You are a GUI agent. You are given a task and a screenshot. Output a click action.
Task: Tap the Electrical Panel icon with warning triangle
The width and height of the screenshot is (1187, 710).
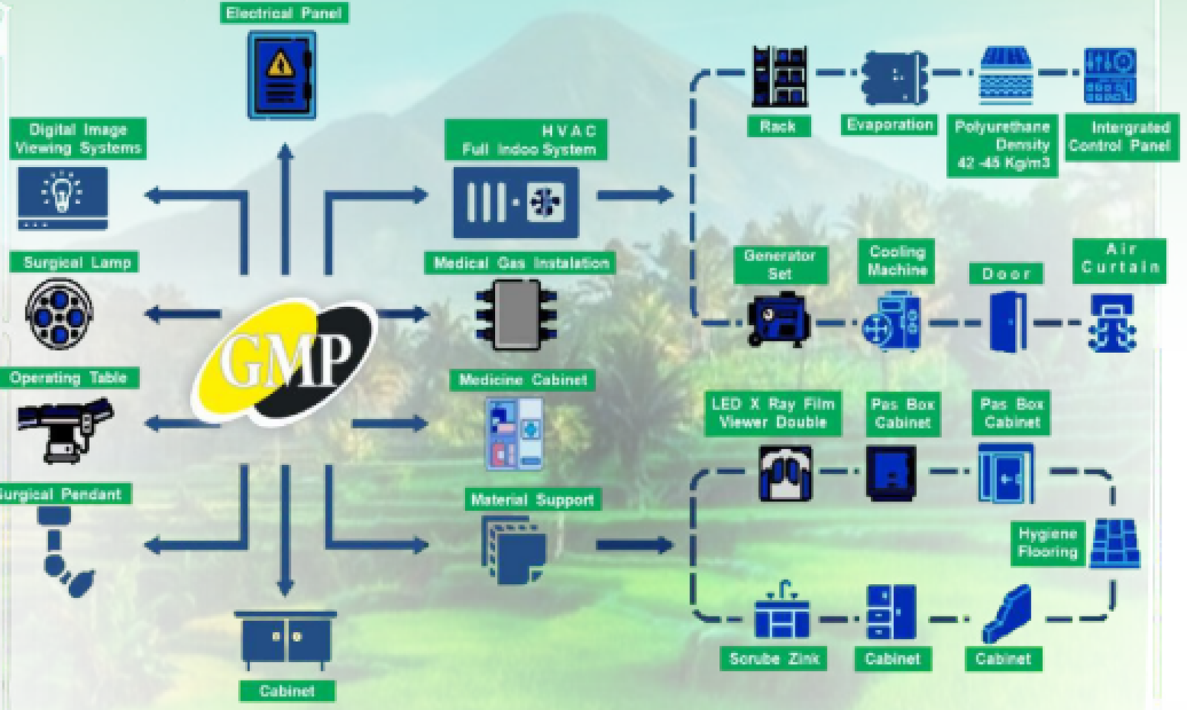(281, 75)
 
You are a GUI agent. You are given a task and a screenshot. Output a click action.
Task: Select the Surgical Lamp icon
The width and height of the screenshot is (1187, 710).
(59, 314)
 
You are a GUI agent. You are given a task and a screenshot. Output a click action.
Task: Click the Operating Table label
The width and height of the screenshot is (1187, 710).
(68, 378)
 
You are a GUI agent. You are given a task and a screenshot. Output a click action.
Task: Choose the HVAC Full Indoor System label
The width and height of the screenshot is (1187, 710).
(526, 139)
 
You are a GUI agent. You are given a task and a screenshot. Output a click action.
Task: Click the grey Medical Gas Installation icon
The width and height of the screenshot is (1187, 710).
(516, 315)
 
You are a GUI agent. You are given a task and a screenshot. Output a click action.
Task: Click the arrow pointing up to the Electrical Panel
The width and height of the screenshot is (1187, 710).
(285, 208)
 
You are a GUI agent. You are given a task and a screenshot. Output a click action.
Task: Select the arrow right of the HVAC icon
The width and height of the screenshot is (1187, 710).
(634, 195)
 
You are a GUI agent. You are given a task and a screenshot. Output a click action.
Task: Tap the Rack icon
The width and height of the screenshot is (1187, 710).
(779, 76)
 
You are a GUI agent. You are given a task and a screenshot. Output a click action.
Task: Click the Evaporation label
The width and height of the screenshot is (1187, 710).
(890, 125)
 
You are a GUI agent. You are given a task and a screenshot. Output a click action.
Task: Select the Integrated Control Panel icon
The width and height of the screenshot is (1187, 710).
(1109, 76)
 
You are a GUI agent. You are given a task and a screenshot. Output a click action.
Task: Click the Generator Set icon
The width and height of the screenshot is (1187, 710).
(778, 321)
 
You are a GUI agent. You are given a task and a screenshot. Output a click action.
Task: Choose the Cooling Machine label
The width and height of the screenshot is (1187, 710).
(896, 260)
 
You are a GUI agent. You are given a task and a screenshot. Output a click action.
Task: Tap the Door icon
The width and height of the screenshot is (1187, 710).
(1008, 321)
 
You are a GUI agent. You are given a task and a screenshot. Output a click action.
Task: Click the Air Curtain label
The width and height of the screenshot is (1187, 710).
(1119, 258)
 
